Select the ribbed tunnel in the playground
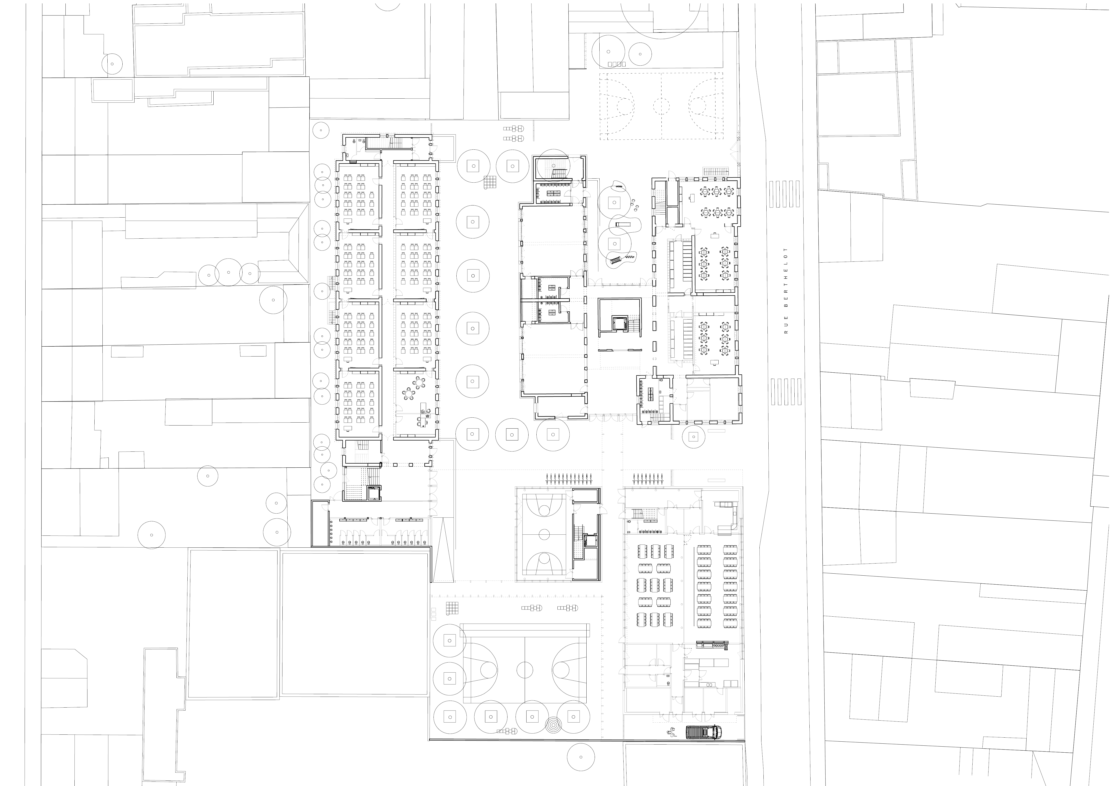pos(616,260)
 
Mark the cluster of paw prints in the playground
pos(634,206)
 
